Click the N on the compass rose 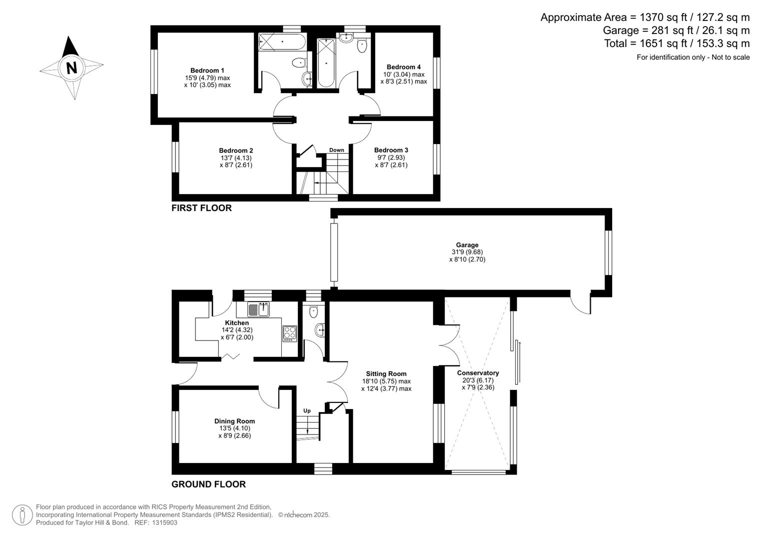click(71, 67)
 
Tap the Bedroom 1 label click(207, 70)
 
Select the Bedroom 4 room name click(403, 67)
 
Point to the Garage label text click(467, 245)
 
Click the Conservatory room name click(478, 373)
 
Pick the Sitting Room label click(386, 373)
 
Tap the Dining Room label click(234, 421)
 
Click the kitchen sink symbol click(259, 309)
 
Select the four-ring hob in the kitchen click(289, 333)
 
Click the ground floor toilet click(313, 311)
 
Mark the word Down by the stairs click(336, 150)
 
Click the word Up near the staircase click(307, 411)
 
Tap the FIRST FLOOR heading click(201, 208)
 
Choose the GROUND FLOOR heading click(208, 484)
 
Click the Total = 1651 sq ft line click(677, 43)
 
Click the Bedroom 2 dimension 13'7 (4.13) click(236, 157)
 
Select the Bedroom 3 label click(391, 150)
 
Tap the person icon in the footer click(22, 515)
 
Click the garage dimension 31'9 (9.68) click(467, 252)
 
